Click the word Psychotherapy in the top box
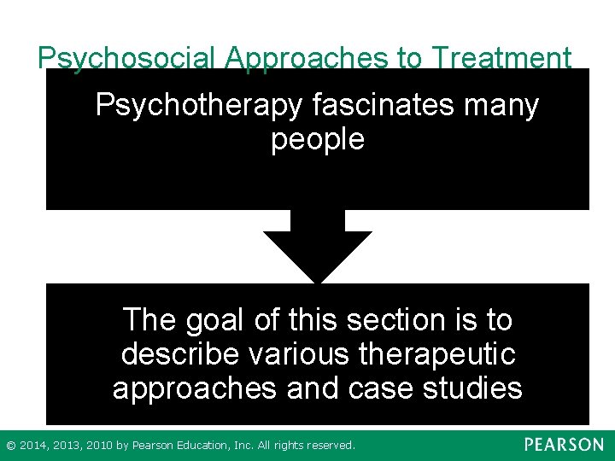(x=198, y=106)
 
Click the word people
(x=318, y=138)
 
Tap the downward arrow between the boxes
(x=318, y=248)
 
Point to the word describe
(x=175, y=354)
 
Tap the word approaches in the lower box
(x=196, y=388)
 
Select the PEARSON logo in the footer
(x=564, y=445)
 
